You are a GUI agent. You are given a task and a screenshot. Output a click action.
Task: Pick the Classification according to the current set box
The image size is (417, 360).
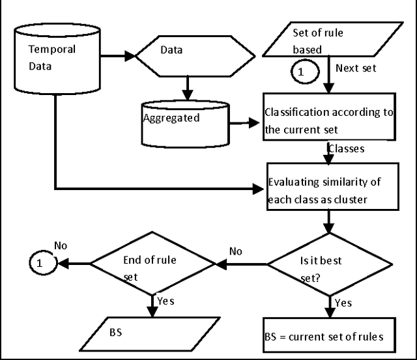[x=328, y=117]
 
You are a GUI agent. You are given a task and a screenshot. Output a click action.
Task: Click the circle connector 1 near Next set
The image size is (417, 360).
[x=300, y=72]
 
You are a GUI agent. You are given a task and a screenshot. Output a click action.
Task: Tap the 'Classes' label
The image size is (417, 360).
[x=345, y=149]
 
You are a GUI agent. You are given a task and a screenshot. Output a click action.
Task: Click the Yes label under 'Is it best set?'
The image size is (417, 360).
[x=343, y=303]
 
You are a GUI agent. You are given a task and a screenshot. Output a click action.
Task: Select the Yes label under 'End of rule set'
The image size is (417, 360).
[x=165, y=301]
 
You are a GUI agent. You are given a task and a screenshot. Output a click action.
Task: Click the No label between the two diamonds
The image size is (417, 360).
[x=237, y=251]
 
